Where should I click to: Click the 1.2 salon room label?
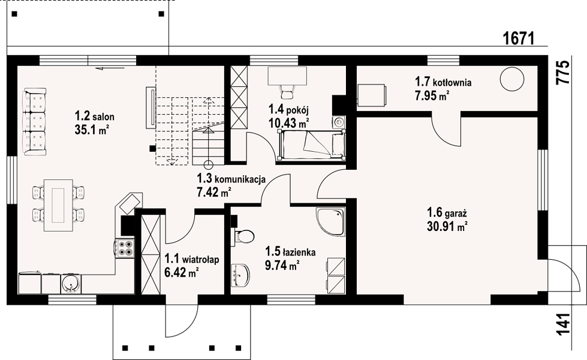95,116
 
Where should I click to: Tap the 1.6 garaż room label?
447,213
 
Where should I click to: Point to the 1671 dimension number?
518,38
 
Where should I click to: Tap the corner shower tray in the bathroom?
330,223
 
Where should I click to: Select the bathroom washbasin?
240,275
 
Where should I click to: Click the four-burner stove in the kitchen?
125,248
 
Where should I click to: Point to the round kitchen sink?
70,284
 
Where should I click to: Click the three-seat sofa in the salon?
35,122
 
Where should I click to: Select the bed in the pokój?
311,145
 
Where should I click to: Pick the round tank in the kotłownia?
512,78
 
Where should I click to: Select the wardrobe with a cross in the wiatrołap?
150,254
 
